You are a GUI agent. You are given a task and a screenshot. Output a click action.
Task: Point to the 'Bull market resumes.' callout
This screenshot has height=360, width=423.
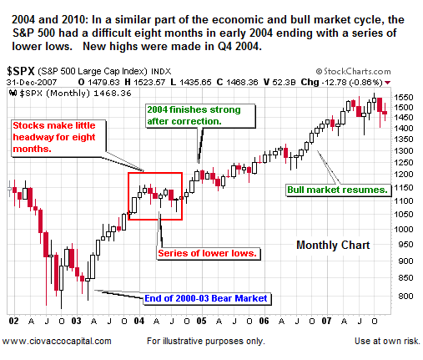click(x=338, y=190)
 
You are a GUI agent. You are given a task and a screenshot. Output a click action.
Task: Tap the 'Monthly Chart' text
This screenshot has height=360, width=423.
click(x=333, y=245)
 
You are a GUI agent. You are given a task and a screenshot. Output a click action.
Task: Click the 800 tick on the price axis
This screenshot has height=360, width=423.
click(x=407, y=296)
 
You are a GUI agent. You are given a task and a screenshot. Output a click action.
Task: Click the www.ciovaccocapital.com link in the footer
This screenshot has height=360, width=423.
click(x=57, y=341)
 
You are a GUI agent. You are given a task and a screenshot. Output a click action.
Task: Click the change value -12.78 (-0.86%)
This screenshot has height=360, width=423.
click(x=367, y=83)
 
